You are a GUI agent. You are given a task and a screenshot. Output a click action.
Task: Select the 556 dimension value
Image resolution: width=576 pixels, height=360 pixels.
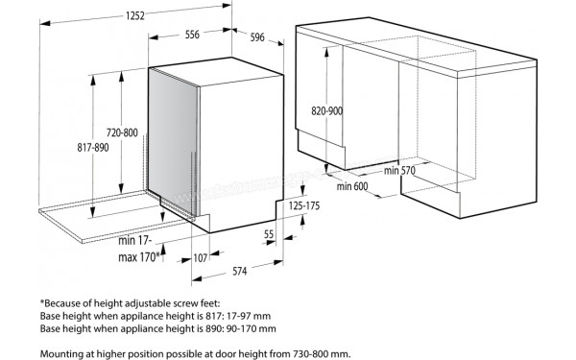click(x=192, y=36)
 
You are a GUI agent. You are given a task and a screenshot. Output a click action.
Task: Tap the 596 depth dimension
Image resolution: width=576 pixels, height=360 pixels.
click(x=256, y=38)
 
